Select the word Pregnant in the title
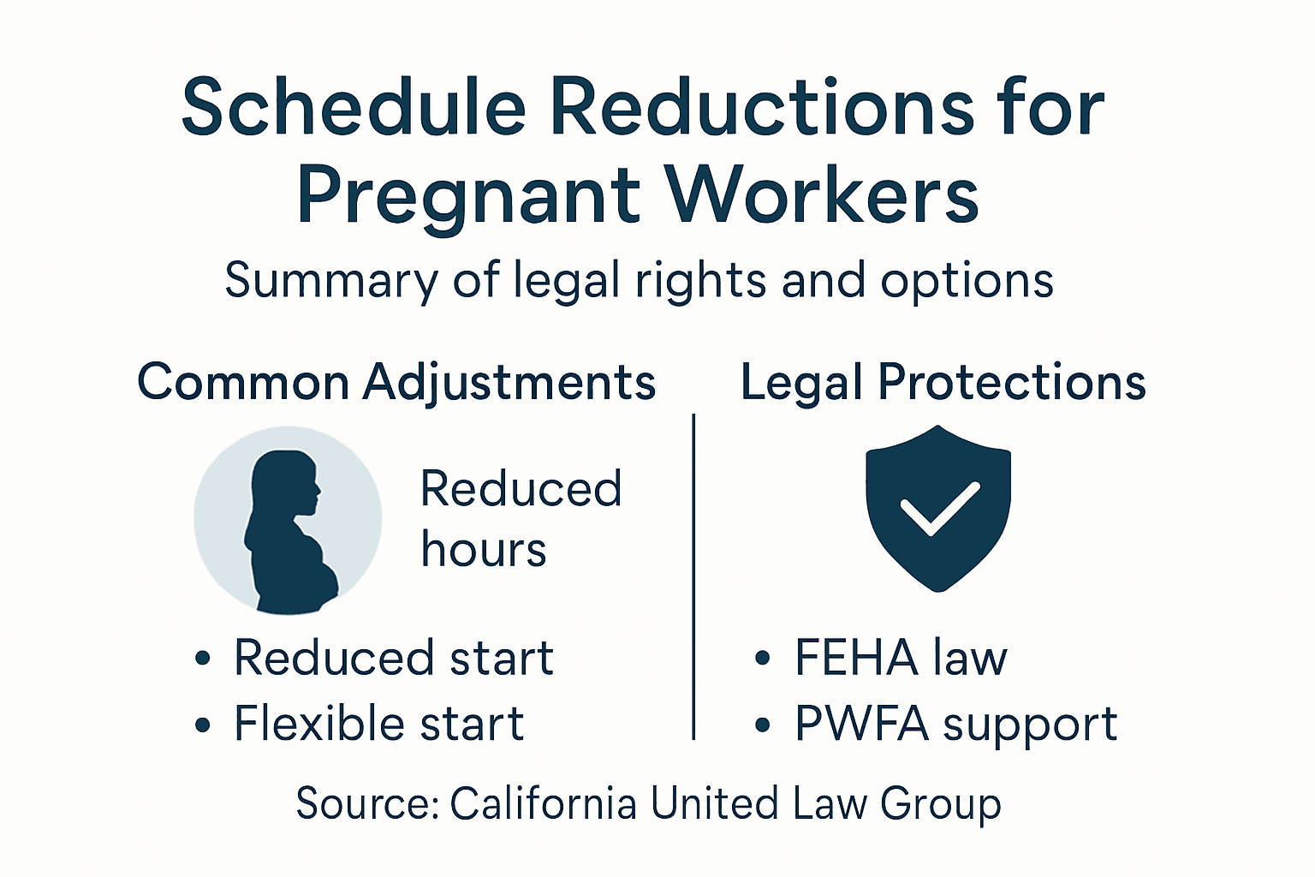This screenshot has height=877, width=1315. click(468, 195)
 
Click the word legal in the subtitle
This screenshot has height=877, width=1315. click(566, 281)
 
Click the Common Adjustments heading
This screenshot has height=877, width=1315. click(396, 382)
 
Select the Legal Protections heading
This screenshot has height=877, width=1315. click(943, 382)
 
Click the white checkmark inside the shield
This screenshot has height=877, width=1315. click(939, 509)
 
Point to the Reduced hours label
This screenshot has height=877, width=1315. click(521, 519)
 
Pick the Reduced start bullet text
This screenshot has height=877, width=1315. click(394, 658)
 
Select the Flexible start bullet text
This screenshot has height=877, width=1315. click(378, 724)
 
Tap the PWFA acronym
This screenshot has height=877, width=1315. click(861, 724)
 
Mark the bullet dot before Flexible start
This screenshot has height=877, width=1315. click(203, 725)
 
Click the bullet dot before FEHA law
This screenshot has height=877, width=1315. click(763, 659)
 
